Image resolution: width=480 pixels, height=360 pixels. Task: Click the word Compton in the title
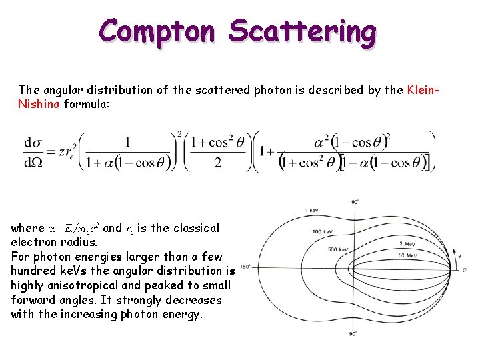[157, 31]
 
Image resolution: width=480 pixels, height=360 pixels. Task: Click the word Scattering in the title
[302, 31]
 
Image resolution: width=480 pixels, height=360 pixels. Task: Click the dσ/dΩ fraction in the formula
[32, 152]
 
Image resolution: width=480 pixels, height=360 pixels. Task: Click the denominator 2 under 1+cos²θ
[218, 163]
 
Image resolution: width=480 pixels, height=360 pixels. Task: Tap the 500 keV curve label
[338, 249]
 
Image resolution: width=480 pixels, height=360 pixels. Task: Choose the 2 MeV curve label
[408, 244]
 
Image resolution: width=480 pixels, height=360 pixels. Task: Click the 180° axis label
[244, 267]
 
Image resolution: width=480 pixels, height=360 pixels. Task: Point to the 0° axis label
[465, 270]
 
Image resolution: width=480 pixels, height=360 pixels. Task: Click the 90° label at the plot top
[355, 202]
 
